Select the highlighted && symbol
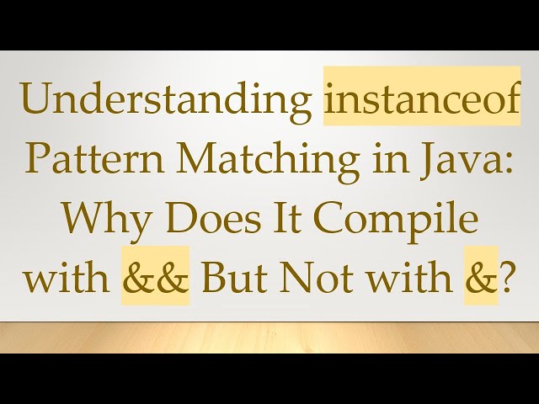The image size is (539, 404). pyautogui.click(x=155, y=276)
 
